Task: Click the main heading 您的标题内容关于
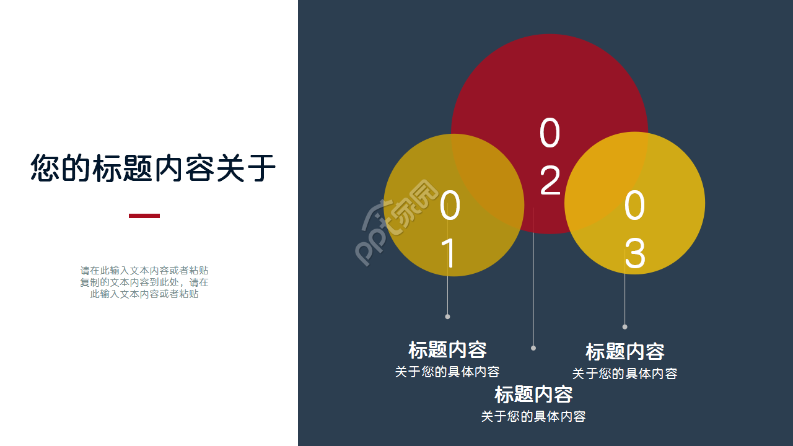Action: (x=153, y=168)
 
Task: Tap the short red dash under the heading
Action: (x=144, y=216)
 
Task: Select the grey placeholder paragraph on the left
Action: (x=144, y=282)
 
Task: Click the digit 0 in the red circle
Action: (x=550, y=134)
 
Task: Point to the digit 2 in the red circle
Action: (x=550, y=181)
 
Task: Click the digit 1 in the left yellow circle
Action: (x=450, y=253)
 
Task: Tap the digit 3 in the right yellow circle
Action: (x=634, y=253)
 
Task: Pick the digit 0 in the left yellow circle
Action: (x=450, y=207)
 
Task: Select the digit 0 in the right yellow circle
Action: (x=634, y=207)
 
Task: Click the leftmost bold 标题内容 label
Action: (x=447, y=350)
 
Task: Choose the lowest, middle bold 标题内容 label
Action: (x=533, y=395)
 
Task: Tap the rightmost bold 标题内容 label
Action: (x=624, y=352)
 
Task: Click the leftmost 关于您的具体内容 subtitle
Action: (x=447, y=372)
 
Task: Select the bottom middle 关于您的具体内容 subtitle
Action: (x=533, y=417)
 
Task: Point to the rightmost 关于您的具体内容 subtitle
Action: (x=624, y=374)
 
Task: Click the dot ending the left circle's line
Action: (x=447, y=317)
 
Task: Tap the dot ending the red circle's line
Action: (x=533, y=348)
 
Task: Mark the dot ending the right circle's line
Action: (x=624, y=326)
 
